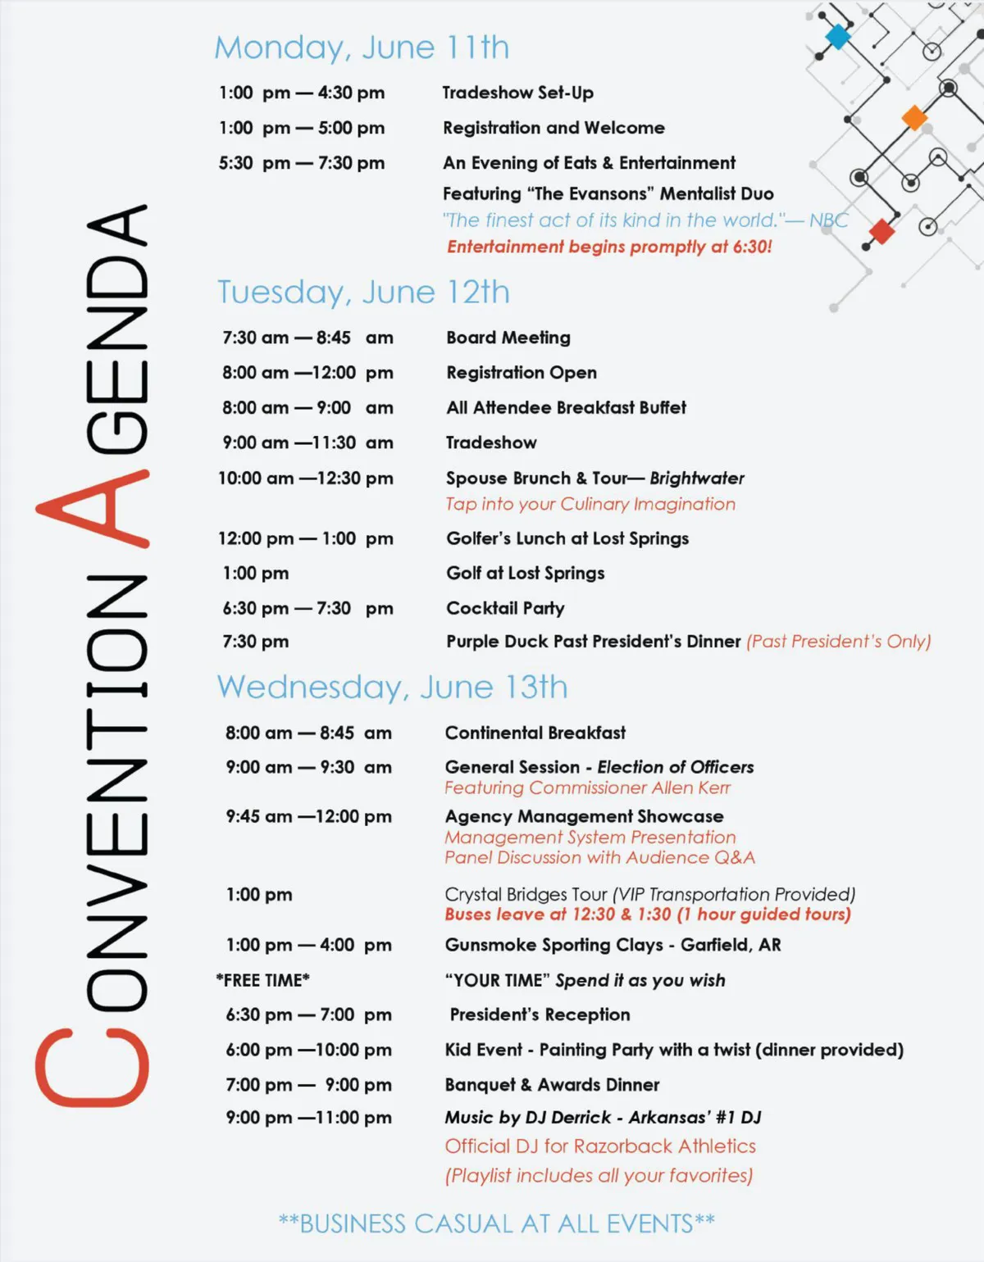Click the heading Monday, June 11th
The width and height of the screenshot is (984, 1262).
362,48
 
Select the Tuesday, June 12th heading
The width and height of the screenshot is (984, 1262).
363,293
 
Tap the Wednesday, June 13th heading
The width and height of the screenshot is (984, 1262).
392,687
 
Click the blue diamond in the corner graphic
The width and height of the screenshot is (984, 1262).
837,36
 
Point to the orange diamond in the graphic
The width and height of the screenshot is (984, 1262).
913,118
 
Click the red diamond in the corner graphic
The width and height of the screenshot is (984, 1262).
881,231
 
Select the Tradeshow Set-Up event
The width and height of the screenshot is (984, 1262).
517,93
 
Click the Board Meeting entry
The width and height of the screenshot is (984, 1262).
508,338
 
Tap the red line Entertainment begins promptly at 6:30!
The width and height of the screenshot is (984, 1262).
608,247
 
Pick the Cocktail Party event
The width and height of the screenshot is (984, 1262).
505,608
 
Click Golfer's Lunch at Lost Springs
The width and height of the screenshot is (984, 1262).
567,538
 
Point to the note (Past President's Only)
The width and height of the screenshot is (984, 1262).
838,642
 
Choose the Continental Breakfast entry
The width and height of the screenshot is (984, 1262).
535,733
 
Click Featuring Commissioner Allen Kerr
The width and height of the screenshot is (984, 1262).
587,788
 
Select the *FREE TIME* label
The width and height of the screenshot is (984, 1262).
263,980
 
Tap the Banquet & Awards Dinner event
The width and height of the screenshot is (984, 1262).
552,1085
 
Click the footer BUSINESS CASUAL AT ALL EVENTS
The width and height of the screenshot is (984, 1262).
496,1223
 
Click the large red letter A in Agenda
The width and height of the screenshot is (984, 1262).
92,508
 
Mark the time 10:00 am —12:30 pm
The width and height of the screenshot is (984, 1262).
305,479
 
